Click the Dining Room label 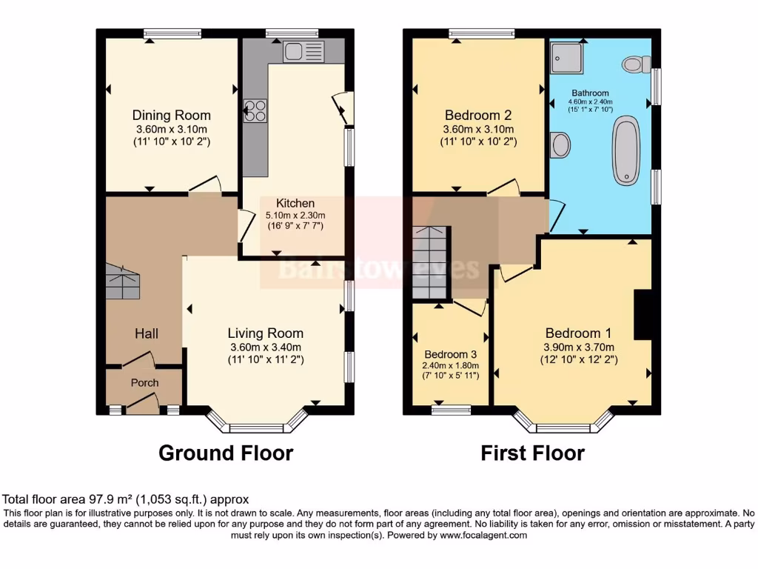(x=171, y=115)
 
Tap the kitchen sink (x=303, y=52)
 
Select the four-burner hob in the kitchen (x=255, y=110)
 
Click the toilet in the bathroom (x=634, y=64)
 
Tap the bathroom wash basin (x=561, y=144)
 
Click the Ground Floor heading (x=226, y=453)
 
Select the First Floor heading (x=532, y=453)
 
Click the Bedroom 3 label (x=451, y=354)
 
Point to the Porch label (x=145, y=382)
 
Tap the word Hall (x=146, y=334)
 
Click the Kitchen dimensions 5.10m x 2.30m (x=295, y=216)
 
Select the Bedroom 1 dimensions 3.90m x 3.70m (x=578, y=347)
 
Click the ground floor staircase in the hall (x=123, y=282)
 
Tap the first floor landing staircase (x=431, y=262)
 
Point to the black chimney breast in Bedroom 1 (x=643, y=315)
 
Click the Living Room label (x=265, y=333)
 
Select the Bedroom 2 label (x=478, y=115)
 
